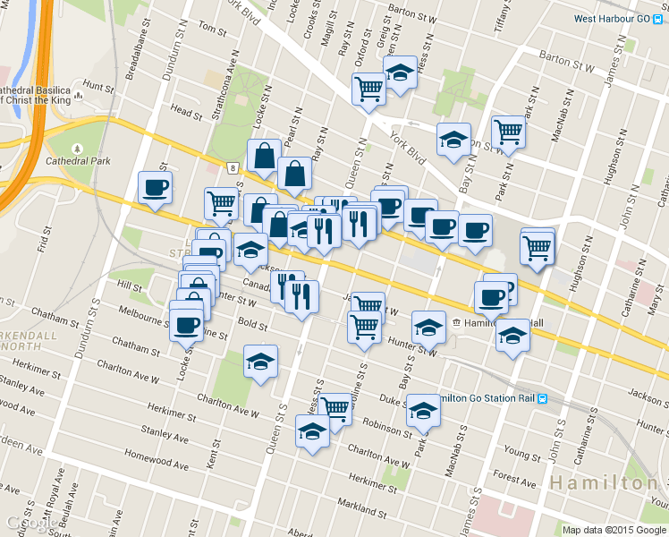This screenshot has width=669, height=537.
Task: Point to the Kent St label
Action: (213, 460)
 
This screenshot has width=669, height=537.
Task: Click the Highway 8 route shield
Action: (232, 167)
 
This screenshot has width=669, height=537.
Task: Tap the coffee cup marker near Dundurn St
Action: (155, 188)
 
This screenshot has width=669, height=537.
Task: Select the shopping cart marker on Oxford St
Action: (368, 89)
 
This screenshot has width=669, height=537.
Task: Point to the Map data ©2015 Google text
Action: (614, 530)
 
